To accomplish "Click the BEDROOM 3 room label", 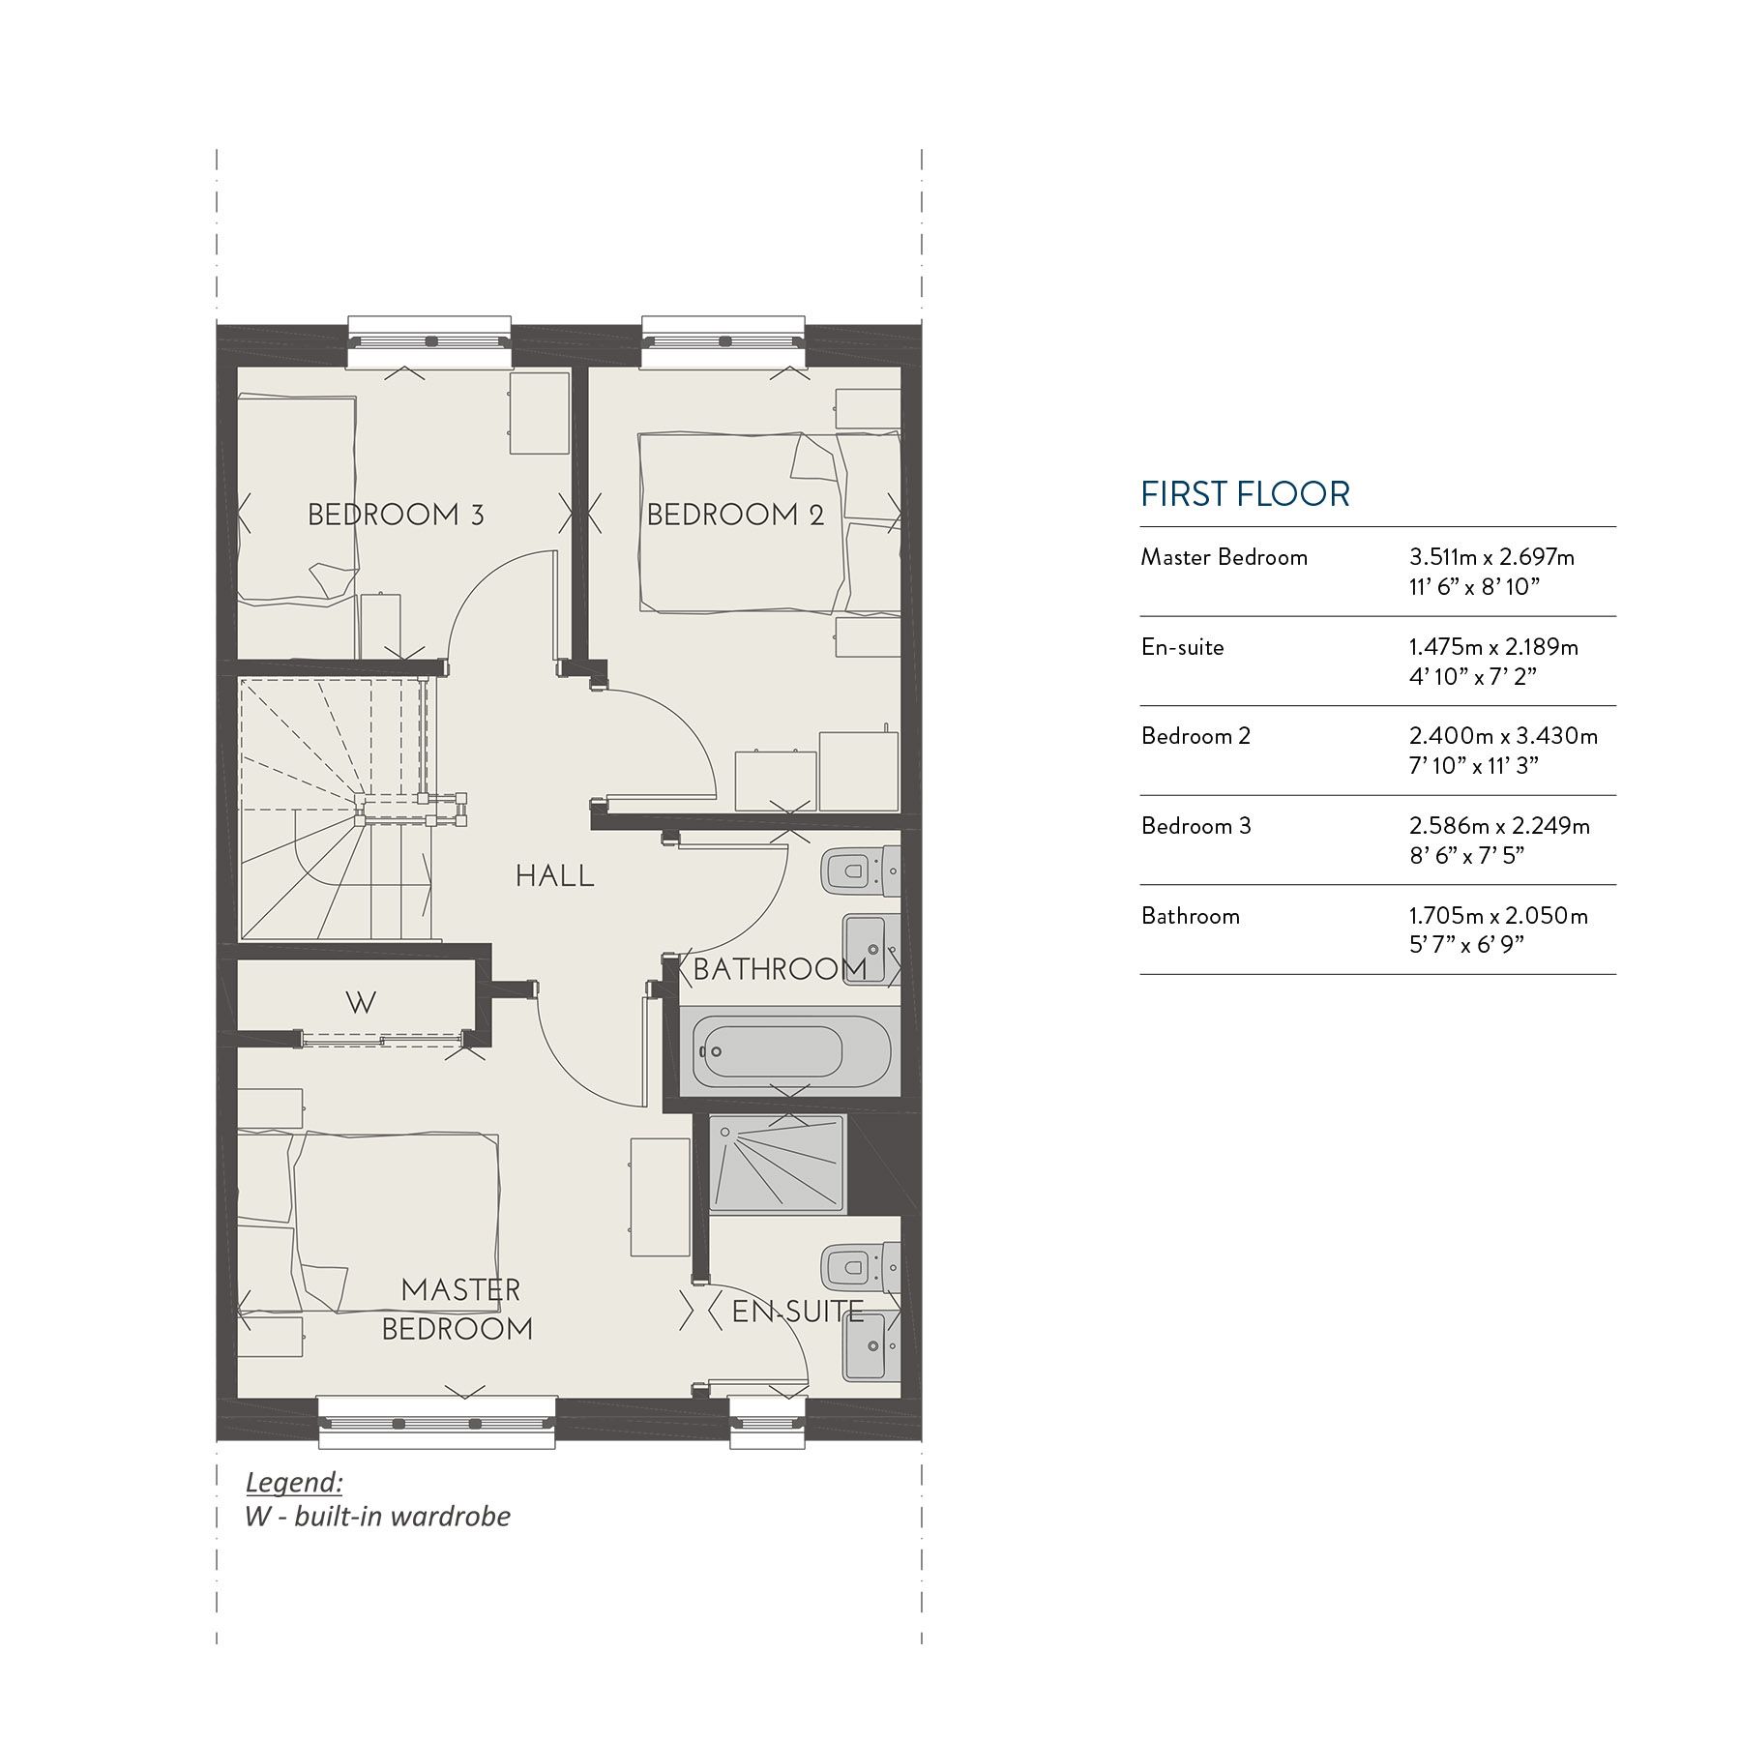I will click(396, 514).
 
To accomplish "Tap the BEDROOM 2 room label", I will click(735, 514).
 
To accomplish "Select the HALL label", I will click(554, 876).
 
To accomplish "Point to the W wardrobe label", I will click(360, 1003).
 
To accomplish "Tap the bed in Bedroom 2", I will click(745, 522).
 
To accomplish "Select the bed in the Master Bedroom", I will click(387, 1219).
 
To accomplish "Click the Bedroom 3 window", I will click(428, 340).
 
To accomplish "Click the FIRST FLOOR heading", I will click(1245, 494).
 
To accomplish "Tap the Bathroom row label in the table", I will click(1190, 916).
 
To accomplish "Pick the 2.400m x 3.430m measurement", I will click(1503, 736).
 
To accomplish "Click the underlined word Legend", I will click(294, 1482).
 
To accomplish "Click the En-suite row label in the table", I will click(1182, 647).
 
